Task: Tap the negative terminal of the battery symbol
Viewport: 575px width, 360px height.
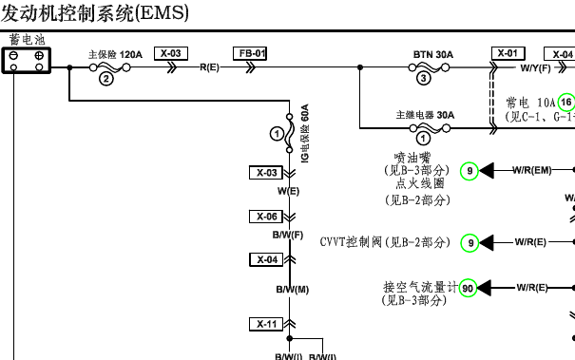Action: click(x=14, y=57)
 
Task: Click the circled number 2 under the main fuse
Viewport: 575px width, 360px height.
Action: click(x=106, y=80)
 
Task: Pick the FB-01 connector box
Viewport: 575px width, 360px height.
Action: click(x=250, y=53)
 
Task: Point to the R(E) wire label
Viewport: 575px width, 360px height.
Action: click(x=209, y=68)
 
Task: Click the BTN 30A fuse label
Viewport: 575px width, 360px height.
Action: click(x=432, y=54)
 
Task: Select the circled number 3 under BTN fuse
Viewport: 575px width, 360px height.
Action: click(x=423, y=80)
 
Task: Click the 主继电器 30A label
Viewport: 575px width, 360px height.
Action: click(x=425, y=116)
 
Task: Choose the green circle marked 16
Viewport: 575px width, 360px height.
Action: click(x=566, y=102)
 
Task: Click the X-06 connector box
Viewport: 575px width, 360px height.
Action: click(x=268, y=216)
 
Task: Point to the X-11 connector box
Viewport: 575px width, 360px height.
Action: click(x=268, y=324)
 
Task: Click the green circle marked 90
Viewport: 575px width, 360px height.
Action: click(x=468, y=287)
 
